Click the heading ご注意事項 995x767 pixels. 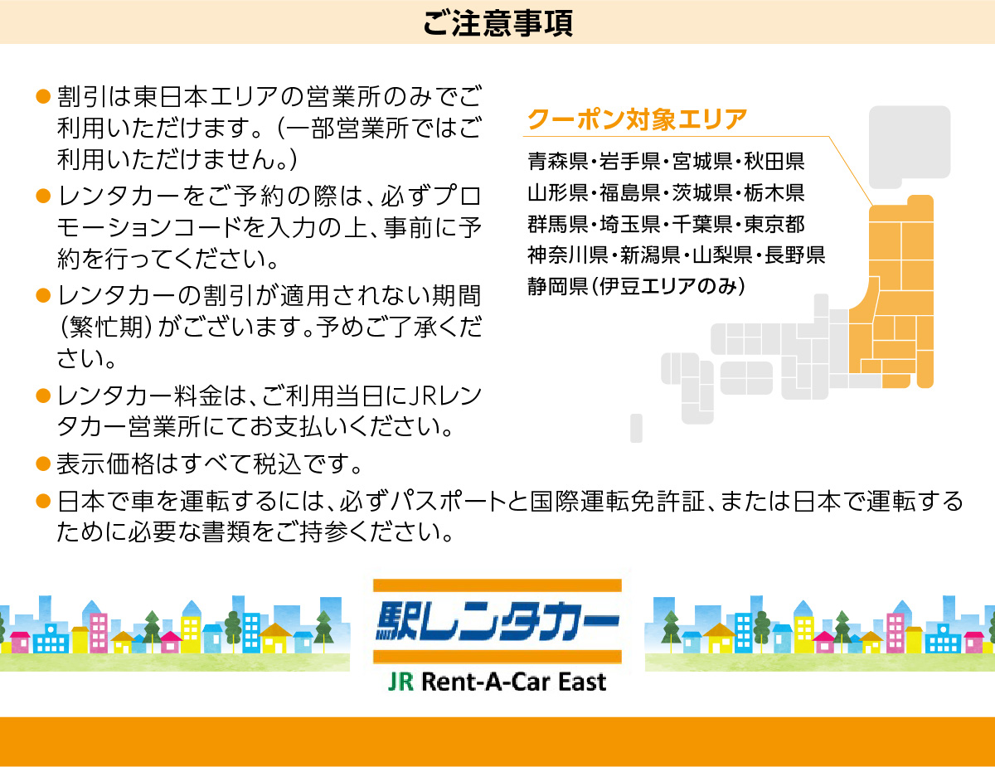(x=498, y=23)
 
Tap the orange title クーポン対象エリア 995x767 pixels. (x=638, y=119)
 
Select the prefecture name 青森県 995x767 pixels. (x=558, y=161)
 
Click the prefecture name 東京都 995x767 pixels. (x=774, y=224)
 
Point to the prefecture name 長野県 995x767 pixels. (x=794, y=255)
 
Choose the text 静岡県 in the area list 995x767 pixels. (x=558, y=286)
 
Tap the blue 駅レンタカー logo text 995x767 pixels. (x=498, y=621)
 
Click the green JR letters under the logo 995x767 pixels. (x=401, y=682)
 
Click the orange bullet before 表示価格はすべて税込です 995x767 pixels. (x=43, y=464)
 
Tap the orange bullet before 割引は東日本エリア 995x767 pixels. (x=43, y=96)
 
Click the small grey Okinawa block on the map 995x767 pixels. (x=637, y=428)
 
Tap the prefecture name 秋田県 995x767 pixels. (x=774, y=161)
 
